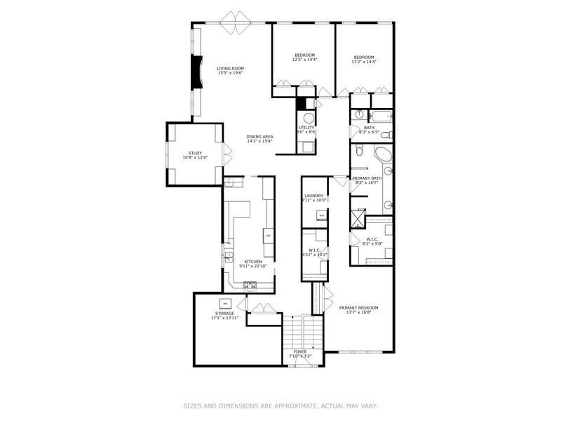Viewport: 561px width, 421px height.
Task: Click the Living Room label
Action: [229, 69]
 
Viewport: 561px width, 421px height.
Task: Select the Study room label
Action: [195, 153]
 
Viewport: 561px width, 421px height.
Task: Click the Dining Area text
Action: [259, 136]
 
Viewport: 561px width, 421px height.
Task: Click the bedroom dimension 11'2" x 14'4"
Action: [364, 62]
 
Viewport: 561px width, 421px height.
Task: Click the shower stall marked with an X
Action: [358, 218]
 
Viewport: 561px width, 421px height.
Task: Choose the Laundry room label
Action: [313, 196]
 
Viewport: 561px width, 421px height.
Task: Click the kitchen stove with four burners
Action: [250, 284]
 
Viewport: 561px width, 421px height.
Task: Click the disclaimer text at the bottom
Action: [280, 406]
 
